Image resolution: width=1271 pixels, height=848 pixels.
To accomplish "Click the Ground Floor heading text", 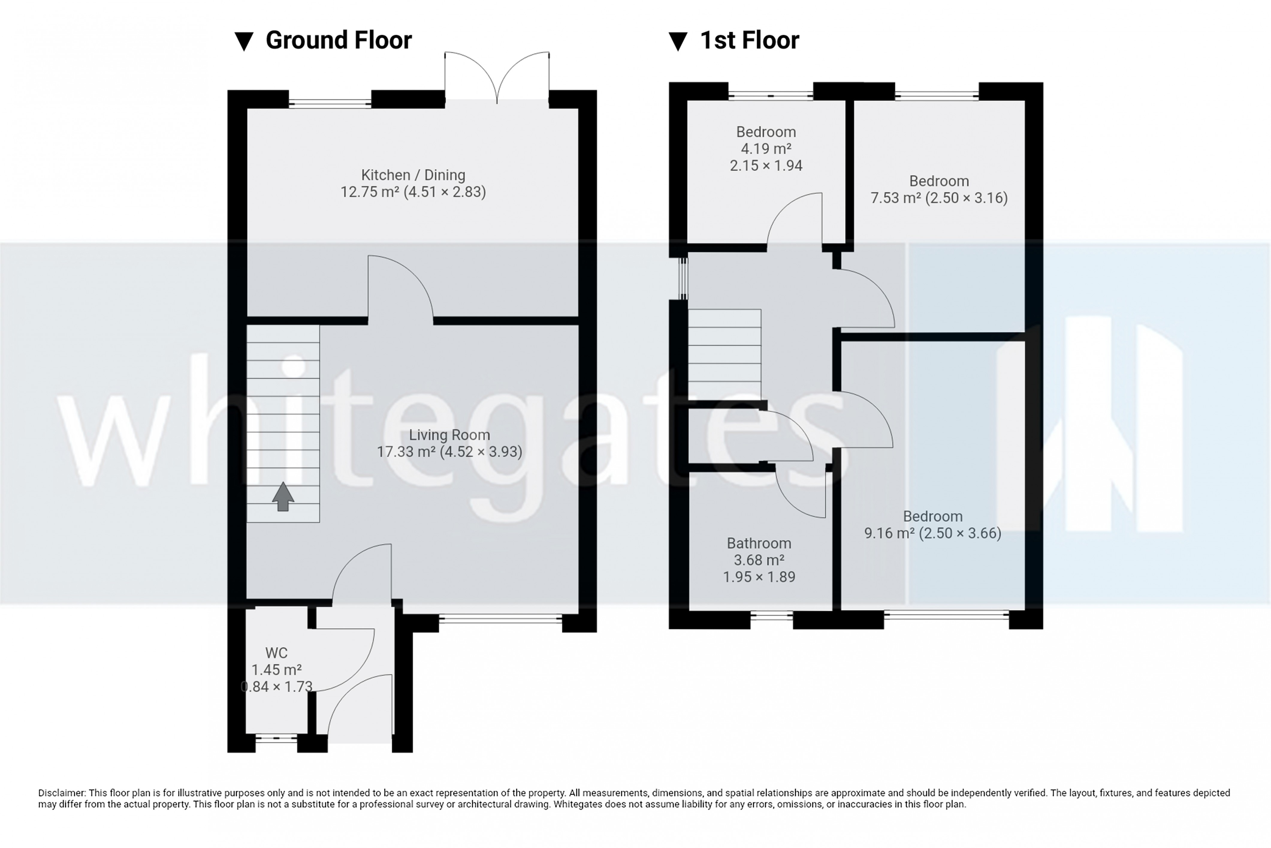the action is pyautogui.click(x=339, y=40).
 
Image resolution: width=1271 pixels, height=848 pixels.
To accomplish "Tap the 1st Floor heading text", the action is pyautogui.click(x=750, y=40).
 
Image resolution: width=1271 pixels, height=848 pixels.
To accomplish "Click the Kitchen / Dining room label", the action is pyautogui.click(x=413, y=175).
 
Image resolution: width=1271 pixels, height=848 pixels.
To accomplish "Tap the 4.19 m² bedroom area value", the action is pyautogui.click(x=766, y=149).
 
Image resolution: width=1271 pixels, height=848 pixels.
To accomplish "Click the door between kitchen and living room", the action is pyautogui.click(x=400, y=289).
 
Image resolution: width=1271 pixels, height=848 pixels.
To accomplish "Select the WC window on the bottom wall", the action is pyautogui.click(x=276, y=738).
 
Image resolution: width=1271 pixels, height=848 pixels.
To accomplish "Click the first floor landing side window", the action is pyautogui.click(x=684, y=278).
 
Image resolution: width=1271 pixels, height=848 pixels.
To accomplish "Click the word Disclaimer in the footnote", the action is pyautogui.click(x=62, y=793).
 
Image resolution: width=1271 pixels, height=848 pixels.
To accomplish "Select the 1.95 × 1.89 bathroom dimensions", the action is pyautogui.click(x=759, y=577).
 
